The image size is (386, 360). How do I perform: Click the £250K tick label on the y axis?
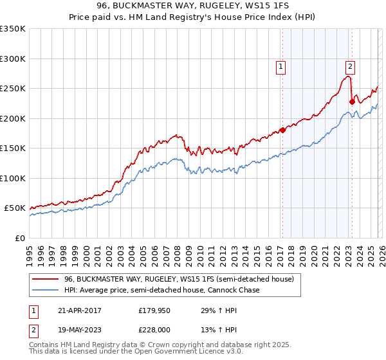(13, 89)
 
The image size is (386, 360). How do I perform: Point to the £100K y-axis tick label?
(13, 178)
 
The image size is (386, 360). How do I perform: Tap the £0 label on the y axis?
(20, 238)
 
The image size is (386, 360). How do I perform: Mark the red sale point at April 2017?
(282, 130)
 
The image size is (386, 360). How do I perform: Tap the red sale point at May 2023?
(351, 102)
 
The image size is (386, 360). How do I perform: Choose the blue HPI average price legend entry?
(161, 291)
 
